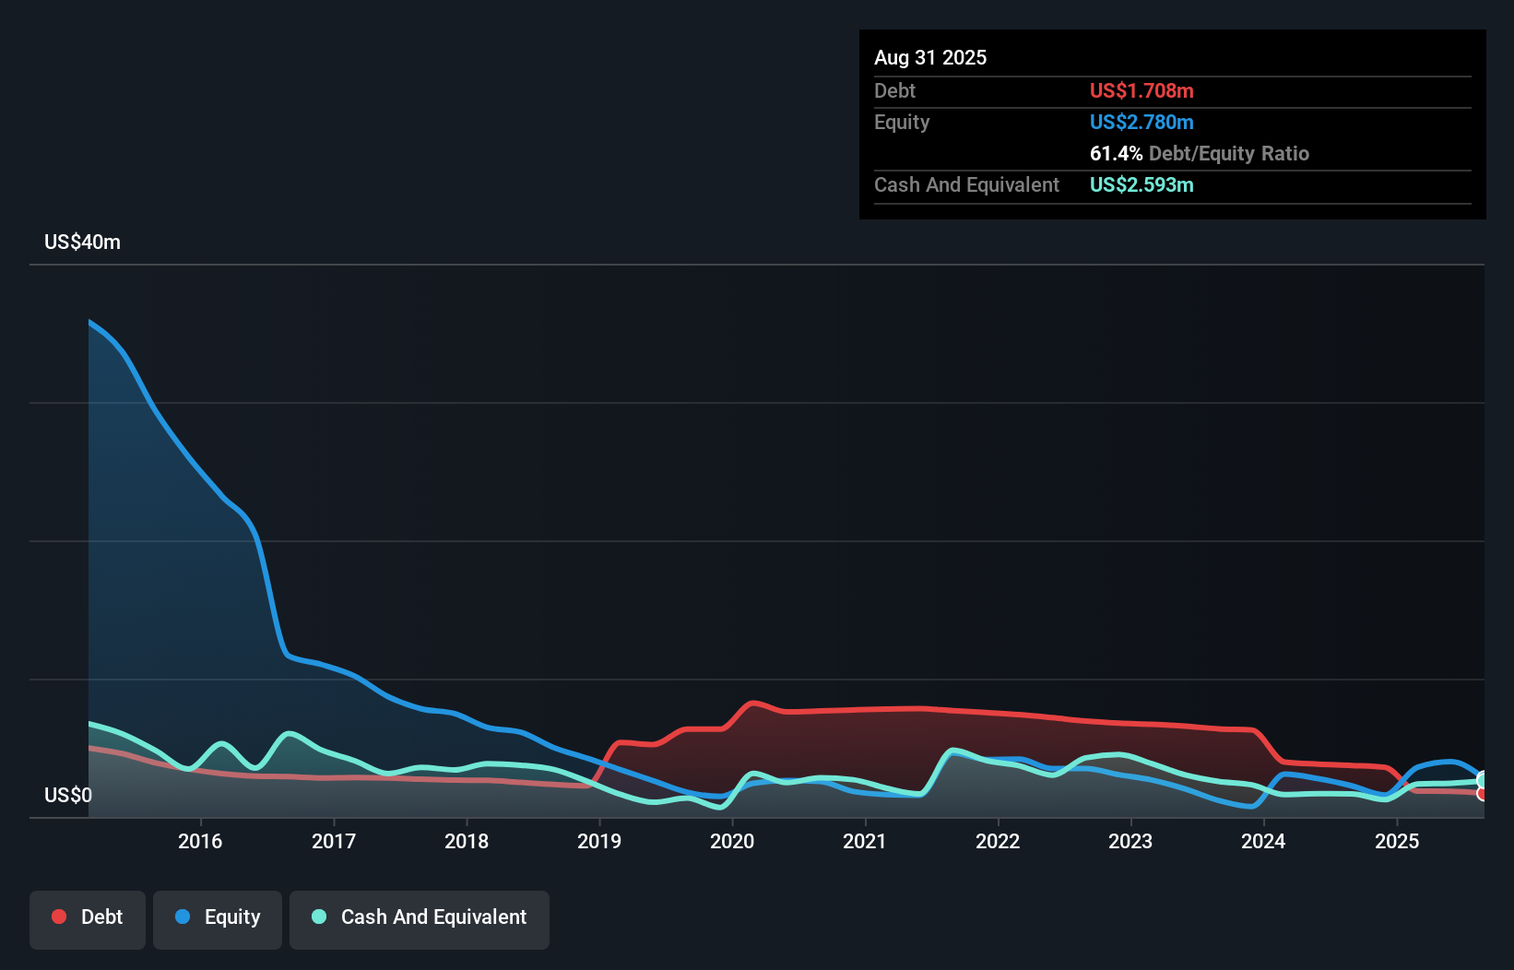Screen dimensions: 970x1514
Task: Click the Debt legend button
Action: (x=88, y=917)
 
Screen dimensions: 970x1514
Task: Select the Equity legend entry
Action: (x=218, y=917)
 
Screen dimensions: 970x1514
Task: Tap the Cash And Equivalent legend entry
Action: (x=420, y=917)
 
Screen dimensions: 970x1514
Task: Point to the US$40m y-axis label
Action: (x=82, y=243)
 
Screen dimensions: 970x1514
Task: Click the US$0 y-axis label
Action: (x=67, y=795)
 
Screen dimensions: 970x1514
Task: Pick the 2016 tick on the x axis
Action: (x=200, y=841)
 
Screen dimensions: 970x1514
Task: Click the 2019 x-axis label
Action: (x=599, y=841)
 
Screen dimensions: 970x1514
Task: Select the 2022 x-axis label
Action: (x=998, y=841)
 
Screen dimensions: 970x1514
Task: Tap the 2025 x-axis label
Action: (x=1396, y=841)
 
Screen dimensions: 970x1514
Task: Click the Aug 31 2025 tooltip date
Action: (x=929, y=57)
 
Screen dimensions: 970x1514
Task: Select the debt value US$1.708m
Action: (x=1141, y=90)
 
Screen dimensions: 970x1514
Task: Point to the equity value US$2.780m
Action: (x=1141, y=122)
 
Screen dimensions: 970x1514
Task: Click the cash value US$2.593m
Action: (x=1141, y=184)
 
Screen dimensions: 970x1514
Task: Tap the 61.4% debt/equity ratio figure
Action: (x=1116, y=153)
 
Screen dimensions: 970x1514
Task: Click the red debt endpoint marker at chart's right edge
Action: (x=1482, y=793)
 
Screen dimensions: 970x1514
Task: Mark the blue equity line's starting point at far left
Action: (x=89, y=322)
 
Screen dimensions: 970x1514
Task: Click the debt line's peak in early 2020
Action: (x=754, y=703)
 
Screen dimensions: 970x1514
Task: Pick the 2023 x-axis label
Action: (x=1130, y=841)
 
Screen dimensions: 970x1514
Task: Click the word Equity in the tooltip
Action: (x=902, y=122)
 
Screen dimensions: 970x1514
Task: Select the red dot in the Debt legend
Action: (x=59, y=917)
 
